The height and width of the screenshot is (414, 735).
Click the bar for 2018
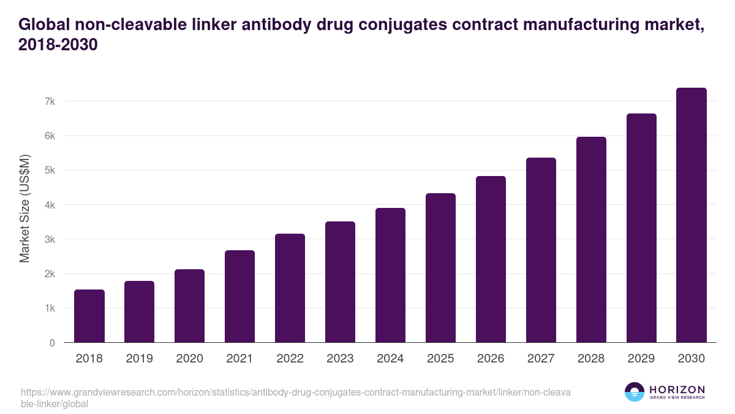89,316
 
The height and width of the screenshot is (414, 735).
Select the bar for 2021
240,296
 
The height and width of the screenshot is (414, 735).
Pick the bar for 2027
541,250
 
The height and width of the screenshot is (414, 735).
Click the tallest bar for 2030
692,215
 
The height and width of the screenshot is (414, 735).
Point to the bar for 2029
641,228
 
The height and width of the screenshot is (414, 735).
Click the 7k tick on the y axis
49,101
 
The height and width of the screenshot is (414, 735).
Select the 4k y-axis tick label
49,205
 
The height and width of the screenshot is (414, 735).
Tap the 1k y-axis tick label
49,309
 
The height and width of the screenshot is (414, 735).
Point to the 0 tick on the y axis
52,343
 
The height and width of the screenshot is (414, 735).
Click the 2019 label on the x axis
140,359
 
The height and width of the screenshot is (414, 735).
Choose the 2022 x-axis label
290,359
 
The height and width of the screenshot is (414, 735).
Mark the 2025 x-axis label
440,359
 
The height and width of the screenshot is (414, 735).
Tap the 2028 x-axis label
591,359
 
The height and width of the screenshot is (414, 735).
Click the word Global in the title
45,25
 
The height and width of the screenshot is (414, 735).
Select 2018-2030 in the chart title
58,45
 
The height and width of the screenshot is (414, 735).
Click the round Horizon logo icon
634,392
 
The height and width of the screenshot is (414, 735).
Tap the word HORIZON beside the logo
677,389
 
